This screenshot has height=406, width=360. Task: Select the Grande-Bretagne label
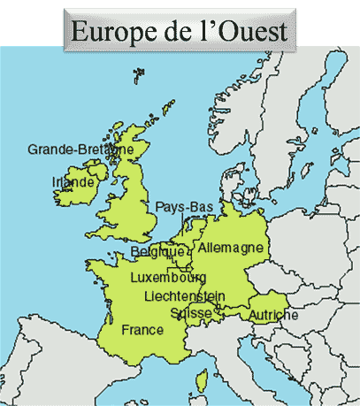[x=80, y=149]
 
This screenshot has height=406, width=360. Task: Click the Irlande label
[x=73, y=182]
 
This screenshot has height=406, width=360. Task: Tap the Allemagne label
[x=231, y=249]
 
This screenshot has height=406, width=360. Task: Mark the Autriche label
[x=273, y=315]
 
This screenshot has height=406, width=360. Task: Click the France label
[x=142, y=330]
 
